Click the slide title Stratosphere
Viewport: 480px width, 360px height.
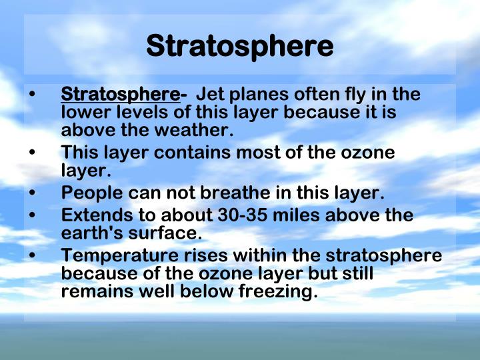point(239,46)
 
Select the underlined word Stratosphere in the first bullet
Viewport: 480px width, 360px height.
point(120,95)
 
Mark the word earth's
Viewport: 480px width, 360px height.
point(87,234)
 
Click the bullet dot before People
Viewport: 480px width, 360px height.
point(33,194)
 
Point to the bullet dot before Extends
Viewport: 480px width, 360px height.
point(33,217)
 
